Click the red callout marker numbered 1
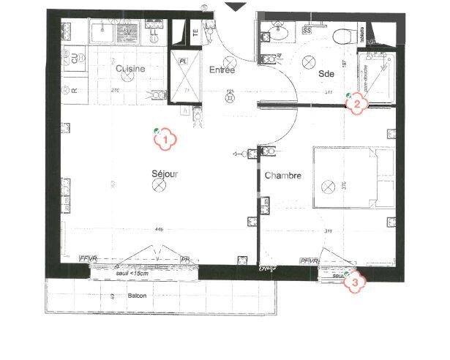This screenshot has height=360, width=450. [x=166, y=138]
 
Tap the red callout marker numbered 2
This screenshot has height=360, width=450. [x=356, y=103]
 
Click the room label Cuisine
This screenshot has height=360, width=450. [x=130, y=68]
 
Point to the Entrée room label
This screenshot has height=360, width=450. [x=222, y=70]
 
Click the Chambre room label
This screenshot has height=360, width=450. [x=282, y=176]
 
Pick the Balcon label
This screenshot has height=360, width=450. [x=137, y=296]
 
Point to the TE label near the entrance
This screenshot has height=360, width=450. [x=195, y=31]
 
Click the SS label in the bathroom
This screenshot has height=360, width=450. [x=307, y=31]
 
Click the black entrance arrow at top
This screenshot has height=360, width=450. [x=236, y=6]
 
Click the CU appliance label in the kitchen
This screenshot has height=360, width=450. [x=74, y=56]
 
